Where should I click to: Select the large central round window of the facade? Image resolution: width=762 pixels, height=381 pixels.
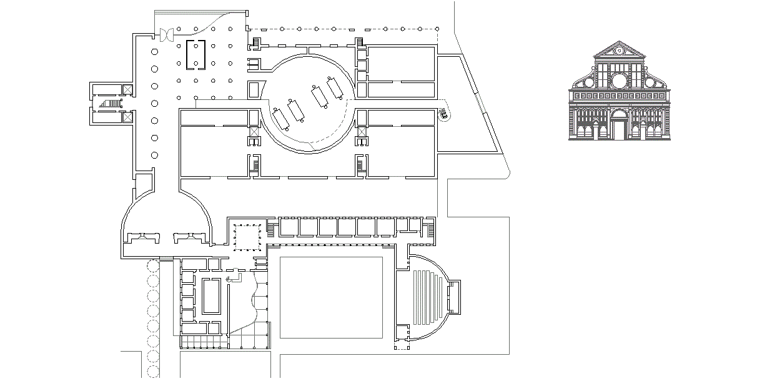[619, 81]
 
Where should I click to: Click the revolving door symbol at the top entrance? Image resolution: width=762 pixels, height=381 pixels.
[167, 35]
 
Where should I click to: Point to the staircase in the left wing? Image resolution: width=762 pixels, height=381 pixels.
[110, 103]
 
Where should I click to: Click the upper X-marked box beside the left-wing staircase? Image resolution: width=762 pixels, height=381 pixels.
[128, 89]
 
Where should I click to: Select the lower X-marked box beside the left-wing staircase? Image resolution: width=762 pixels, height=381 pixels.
[128, 116]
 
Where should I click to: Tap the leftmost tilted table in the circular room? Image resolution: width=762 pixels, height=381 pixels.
[280, 117]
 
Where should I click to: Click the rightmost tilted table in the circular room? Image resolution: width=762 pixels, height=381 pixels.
[335, 87]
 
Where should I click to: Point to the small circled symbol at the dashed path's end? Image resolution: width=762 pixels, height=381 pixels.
[443, 114]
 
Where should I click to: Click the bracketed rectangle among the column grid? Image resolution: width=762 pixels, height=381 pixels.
[195, 54]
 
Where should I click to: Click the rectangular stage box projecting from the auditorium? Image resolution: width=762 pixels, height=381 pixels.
[455, 297]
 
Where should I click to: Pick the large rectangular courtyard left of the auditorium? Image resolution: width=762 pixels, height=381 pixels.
[331, 297]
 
